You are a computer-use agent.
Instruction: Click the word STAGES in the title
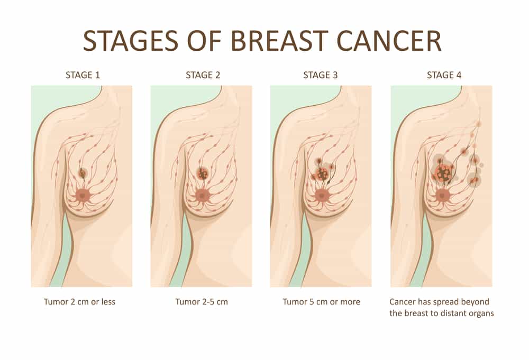click(x=131, y=41)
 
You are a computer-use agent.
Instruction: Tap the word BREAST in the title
click(x=279, y=41)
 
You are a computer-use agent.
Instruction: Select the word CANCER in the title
click(x=389, y=41)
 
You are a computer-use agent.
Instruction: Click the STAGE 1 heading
click(x=83, y=75)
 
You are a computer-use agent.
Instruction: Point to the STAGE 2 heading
click(x=203, y=75)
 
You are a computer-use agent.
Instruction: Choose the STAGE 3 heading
click(x=320, y=75)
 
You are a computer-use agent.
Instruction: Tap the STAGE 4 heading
click(x=444, y=75)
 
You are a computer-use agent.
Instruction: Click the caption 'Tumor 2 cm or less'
click(x=80, y=302)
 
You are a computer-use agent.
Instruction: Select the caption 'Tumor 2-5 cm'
click(x=202, y=302)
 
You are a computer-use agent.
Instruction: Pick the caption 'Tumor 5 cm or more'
click(x=321, y=302)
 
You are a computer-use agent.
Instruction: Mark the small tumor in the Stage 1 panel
click(x=82, y=173)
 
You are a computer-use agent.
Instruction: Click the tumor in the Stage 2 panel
click(x=203, y=173)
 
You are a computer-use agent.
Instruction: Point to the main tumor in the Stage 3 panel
click(x=322, y=174)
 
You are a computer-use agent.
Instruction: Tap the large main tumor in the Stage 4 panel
click(x=443, y=173)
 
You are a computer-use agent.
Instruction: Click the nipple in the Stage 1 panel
click(x=83, y=195)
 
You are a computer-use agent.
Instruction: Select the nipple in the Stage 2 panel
click(x=202, y=195)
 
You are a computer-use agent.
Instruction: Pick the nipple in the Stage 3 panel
click(x=322, y=196)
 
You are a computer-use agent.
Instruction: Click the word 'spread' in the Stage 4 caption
click(x=445, y=302)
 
